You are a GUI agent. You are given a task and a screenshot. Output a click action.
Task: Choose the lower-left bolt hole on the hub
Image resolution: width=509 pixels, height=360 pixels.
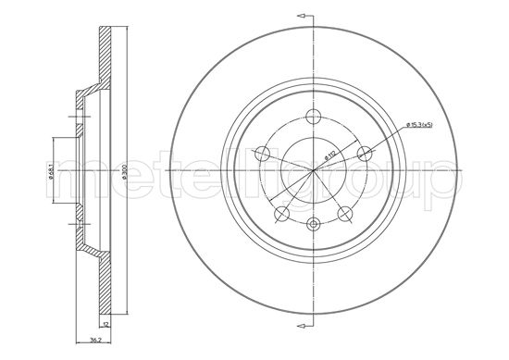tap(281, 214)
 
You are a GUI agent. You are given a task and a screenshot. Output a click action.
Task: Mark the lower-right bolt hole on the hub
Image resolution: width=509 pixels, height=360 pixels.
tap(346, 214)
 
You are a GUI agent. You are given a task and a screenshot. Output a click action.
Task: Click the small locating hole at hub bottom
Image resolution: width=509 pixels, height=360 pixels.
tap(314, 224)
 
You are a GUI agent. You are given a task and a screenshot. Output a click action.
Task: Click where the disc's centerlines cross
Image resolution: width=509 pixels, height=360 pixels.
tap(314, 170)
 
